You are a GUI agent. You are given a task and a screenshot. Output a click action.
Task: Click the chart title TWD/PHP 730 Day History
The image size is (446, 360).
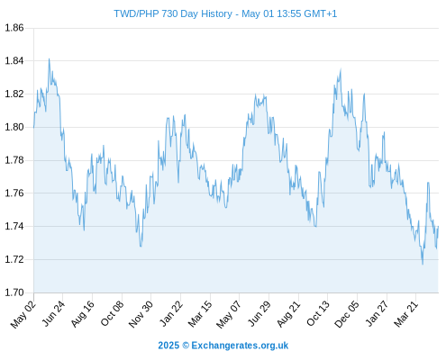173,13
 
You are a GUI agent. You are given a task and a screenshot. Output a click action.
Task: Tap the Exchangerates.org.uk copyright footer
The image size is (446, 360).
223,346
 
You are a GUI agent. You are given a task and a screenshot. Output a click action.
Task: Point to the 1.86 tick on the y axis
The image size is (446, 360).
14,28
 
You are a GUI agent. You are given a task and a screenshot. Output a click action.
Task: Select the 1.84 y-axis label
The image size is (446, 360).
14,61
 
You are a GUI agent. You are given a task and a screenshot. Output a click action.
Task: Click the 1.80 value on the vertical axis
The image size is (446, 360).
14,127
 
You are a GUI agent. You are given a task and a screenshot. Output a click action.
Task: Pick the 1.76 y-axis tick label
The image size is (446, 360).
14,193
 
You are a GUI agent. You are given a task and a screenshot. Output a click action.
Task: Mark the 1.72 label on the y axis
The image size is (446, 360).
14,259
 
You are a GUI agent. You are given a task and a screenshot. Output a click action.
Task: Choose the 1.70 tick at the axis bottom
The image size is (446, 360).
14,292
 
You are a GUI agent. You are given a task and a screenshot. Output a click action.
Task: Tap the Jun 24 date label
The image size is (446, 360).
53,314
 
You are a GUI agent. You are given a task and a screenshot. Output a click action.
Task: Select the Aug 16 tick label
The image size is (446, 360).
82,314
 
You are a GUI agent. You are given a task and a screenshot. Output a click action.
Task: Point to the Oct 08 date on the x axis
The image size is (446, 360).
112,314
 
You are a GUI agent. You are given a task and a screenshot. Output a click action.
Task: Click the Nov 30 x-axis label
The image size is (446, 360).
141,314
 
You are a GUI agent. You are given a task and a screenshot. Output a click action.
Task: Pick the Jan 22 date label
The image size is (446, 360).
171,314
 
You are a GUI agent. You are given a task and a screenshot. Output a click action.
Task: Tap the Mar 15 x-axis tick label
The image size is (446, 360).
200,314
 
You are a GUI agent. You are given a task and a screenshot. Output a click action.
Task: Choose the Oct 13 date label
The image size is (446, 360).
318,314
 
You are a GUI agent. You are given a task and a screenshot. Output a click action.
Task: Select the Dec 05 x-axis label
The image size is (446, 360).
347,314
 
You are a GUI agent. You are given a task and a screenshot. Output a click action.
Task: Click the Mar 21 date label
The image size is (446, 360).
406,314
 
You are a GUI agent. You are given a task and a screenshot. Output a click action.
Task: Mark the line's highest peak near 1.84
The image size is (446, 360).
49,59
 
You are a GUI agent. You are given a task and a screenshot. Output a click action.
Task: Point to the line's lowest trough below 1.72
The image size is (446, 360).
423,264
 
